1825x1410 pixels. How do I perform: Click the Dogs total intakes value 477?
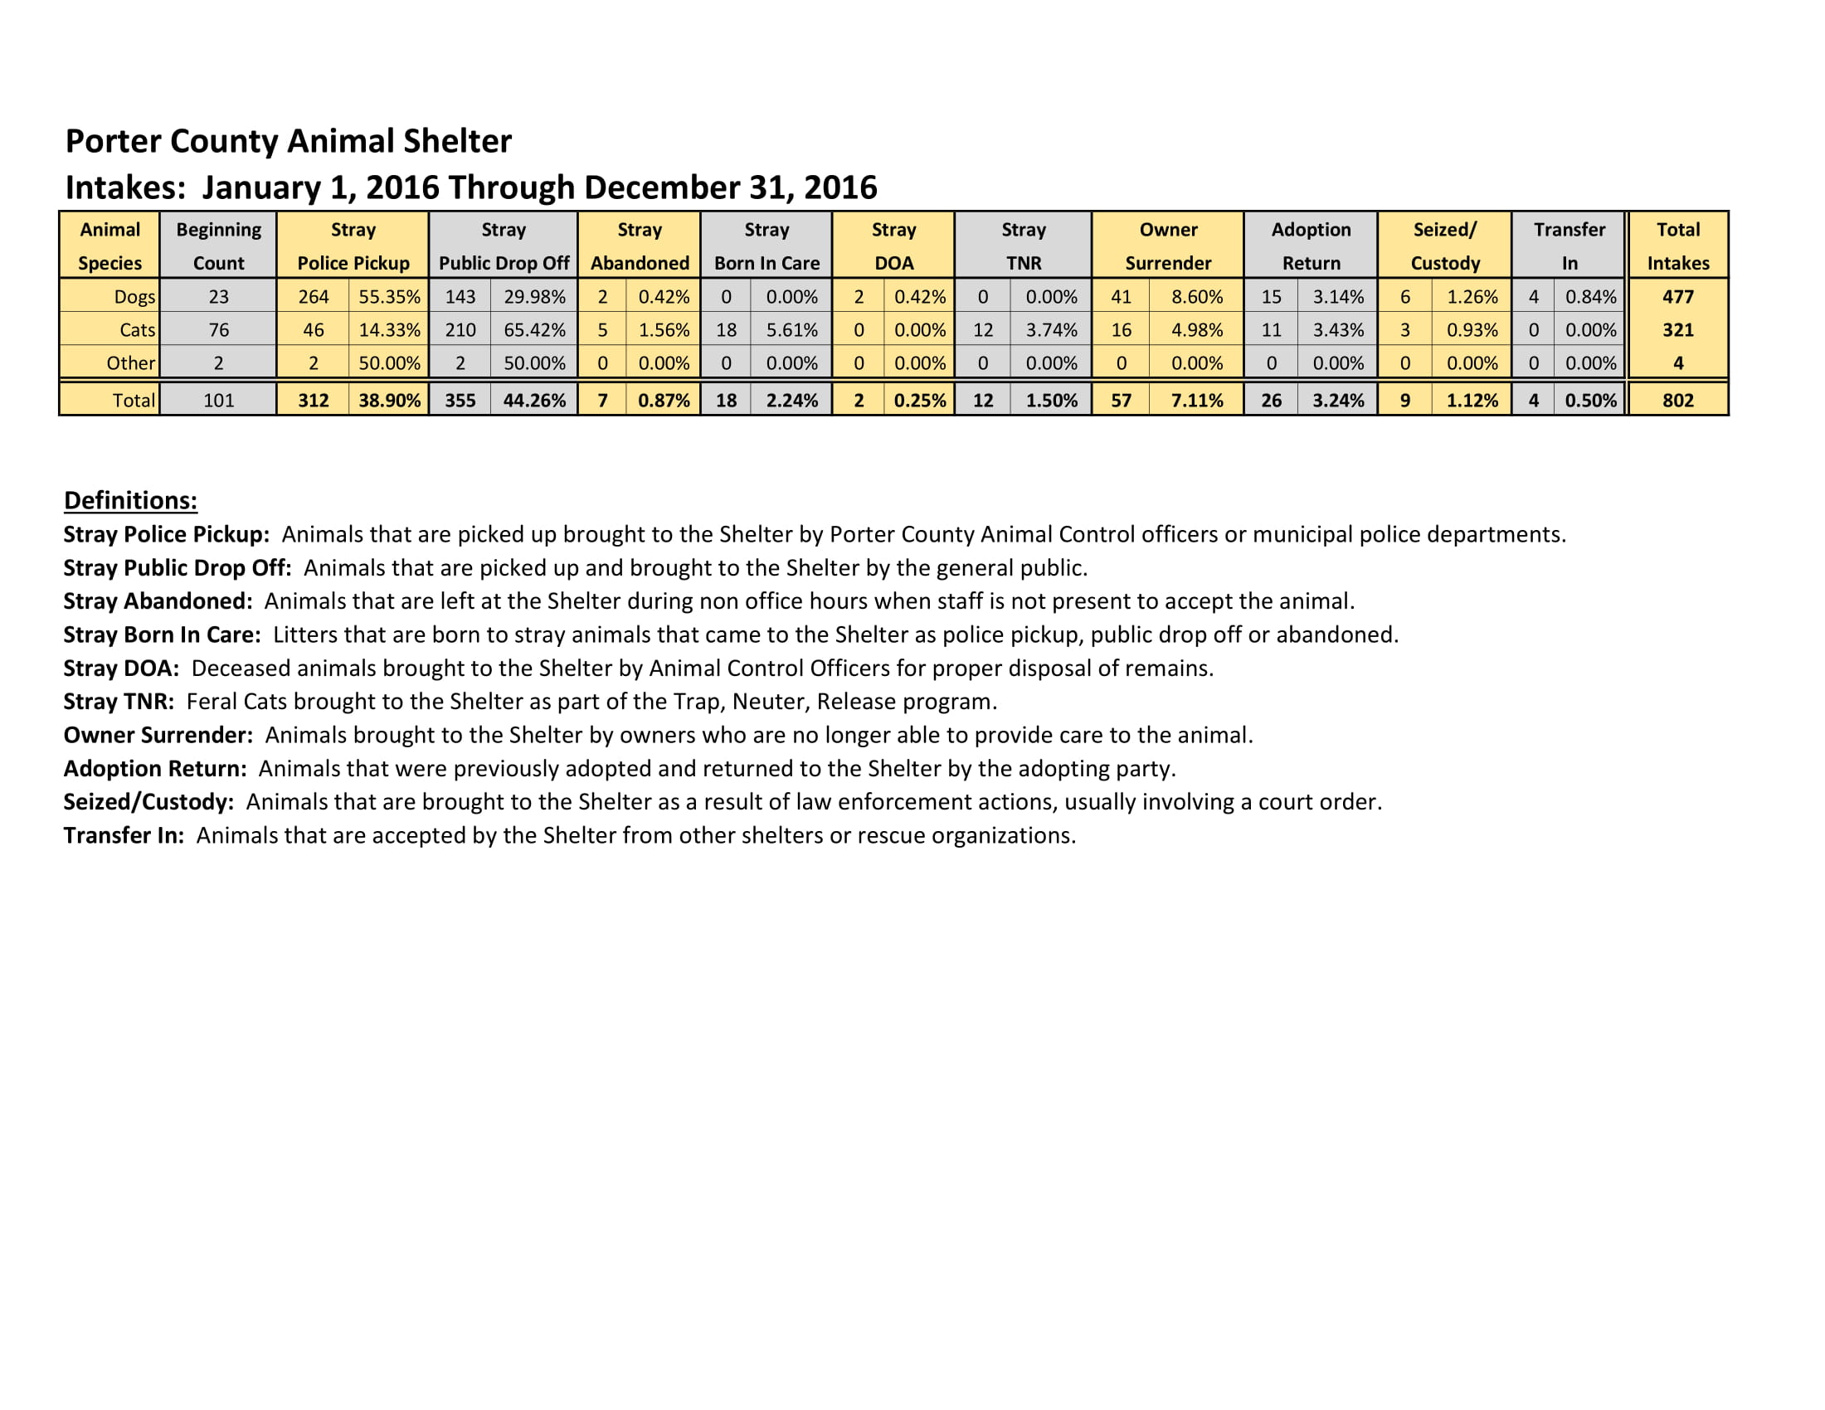(1677, 297)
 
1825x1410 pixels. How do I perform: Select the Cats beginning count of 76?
(218, 330)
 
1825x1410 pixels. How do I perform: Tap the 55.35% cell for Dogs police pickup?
(388, 297)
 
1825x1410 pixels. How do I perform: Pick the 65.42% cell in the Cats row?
(534, 330)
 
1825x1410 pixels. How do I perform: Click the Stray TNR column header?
(1023, 246)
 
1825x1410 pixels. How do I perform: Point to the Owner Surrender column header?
(1167, 246)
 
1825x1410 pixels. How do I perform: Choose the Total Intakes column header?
(1677, 246)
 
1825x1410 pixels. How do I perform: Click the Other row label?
(130, 363)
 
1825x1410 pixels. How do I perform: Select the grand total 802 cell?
(1677, 400)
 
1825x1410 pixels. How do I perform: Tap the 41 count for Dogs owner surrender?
(1121, 297)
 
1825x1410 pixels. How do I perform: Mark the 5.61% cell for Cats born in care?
(791, 330)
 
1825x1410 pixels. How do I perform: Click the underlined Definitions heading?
(130, 500)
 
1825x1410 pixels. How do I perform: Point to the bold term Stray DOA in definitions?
(121, 669)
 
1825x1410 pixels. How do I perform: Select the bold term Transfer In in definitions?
(124, 835)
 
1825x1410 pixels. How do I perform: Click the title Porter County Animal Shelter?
(289, 141)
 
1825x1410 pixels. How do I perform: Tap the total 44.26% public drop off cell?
(534, 400)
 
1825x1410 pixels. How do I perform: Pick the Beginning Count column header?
(218, 246)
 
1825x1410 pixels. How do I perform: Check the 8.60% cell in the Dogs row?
(1196, 297)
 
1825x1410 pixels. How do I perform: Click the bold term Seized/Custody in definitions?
(148, 802)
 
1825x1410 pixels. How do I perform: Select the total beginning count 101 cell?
(218, 400)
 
